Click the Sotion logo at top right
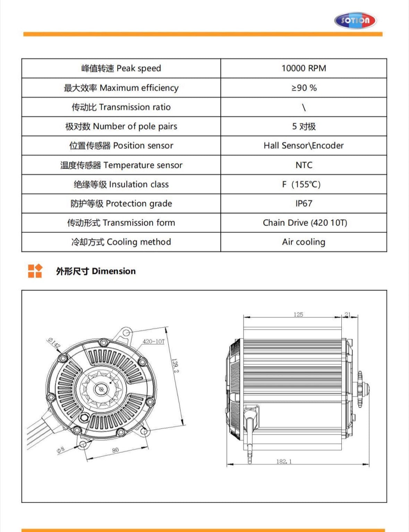point(355,20)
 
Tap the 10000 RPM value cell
point(304,68)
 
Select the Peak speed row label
point(121,68)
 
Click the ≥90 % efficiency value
point(304,88)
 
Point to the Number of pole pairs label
point(121,126)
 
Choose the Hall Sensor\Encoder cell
point(304,146)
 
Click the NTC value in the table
point(304,165)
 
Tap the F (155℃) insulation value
point(301,184)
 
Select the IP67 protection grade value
point(304,204)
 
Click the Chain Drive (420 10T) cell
point(305,223)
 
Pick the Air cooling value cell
point(304,242)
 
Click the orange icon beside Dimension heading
point(35,271)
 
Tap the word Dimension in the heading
point(114,271)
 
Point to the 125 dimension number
point(298,315)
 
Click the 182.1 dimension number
point(284,461)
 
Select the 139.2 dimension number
point(175,366)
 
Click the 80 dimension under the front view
point(115,450)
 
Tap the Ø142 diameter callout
point(54,343)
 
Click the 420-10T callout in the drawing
point(153,342)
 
